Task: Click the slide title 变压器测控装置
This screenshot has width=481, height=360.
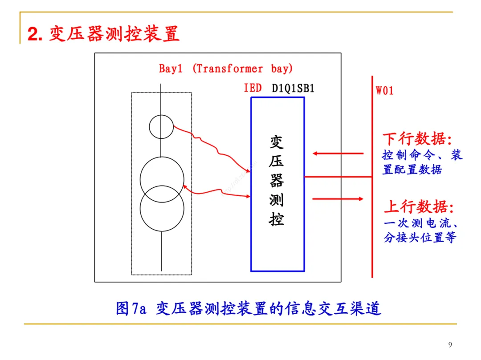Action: point(114,34)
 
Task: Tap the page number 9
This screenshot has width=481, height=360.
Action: point(450,344)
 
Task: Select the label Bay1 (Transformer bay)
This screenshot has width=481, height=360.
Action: point(226,69)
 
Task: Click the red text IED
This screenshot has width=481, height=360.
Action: point(253,88)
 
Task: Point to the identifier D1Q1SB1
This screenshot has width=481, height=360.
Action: point(293,89)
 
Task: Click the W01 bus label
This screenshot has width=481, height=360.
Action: point(385,91)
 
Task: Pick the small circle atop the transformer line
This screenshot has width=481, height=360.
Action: point(161,126)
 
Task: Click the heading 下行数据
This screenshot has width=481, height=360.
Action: point(417,139)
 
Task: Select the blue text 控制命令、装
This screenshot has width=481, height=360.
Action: point(422,155)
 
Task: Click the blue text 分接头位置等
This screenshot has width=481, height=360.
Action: point(420,238)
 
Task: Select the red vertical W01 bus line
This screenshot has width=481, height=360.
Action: point(371,222)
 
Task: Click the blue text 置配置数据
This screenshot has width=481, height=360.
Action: point(412,170)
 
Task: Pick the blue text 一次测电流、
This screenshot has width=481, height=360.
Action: point(421,223)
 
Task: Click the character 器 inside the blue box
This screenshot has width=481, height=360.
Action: point(277,181)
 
